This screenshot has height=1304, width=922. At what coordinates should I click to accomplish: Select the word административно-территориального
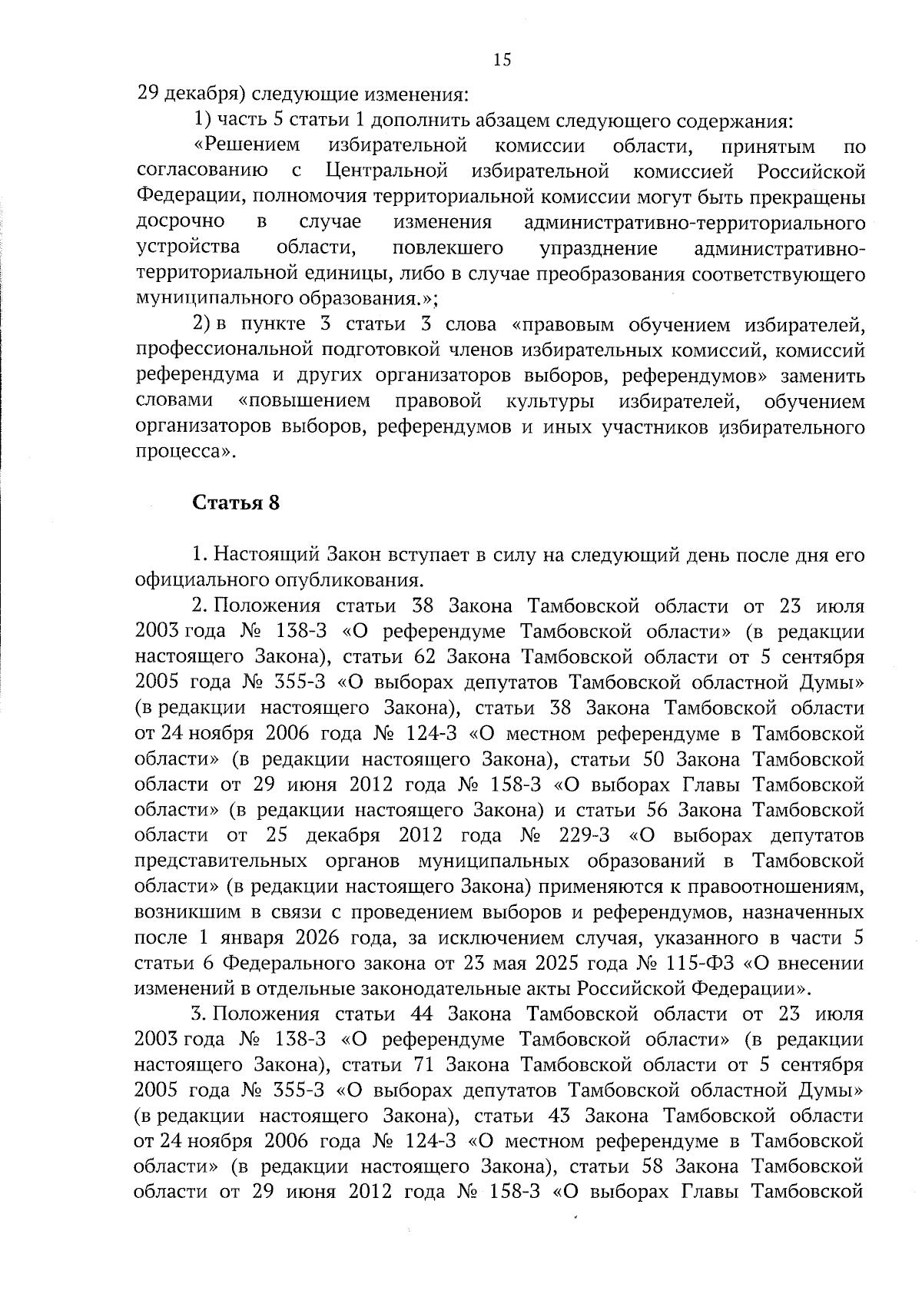click(x=694, y=224)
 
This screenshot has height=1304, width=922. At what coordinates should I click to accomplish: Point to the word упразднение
click(x=599, y=249)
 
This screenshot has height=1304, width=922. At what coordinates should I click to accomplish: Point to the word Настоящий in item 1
click(x=259, y=554)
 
